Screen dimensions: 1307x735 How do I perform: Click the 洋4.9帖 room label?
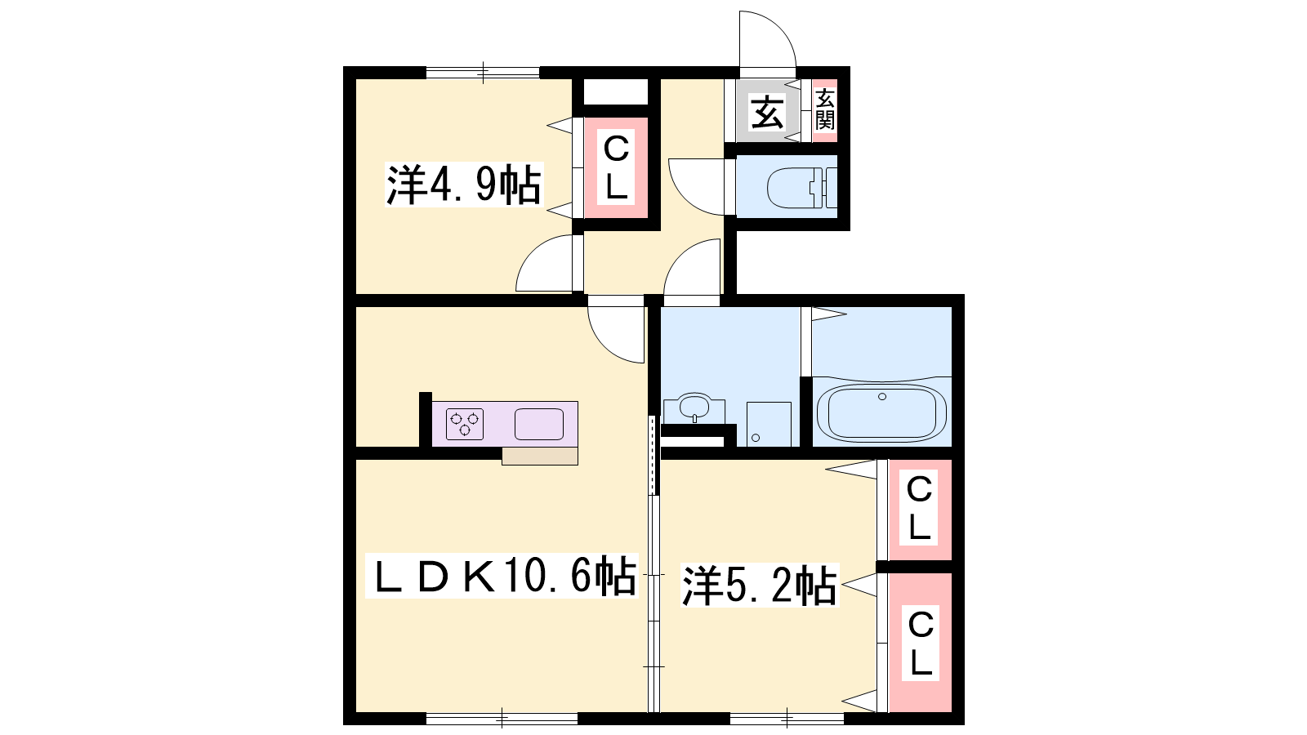coord(464,185)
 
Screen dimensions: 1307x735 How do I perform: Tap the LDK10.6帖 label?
coord(502,577)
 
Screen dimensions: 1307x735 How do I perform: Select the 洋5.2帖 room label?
coord(760,585)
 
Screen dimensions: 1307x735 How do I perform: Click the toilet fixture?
coord(801,188)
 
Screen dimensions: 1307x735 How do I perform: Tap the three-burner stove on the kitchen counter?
coord(465,424)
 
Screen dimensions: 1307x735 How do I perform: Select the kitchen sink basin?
coord(538,424)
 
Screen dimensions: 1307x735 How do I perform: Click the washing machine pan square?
coord(769,424)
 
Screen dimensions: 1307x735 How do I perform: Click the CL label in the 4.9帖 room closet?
coord(616,167)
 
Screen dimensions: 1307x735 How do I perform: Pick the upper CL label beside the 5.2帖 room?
coord(919,508)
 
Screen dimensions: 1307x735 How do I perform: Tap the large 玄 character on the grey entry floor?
coord(767,113)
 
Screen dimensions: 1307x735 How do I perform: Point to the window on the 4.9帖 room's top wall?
coord(483,73)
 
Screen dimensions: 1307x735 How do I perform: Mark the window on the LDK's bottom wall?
coord(502,718)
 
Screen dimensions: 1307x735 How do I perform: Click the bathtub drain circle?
coord(882,397)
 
